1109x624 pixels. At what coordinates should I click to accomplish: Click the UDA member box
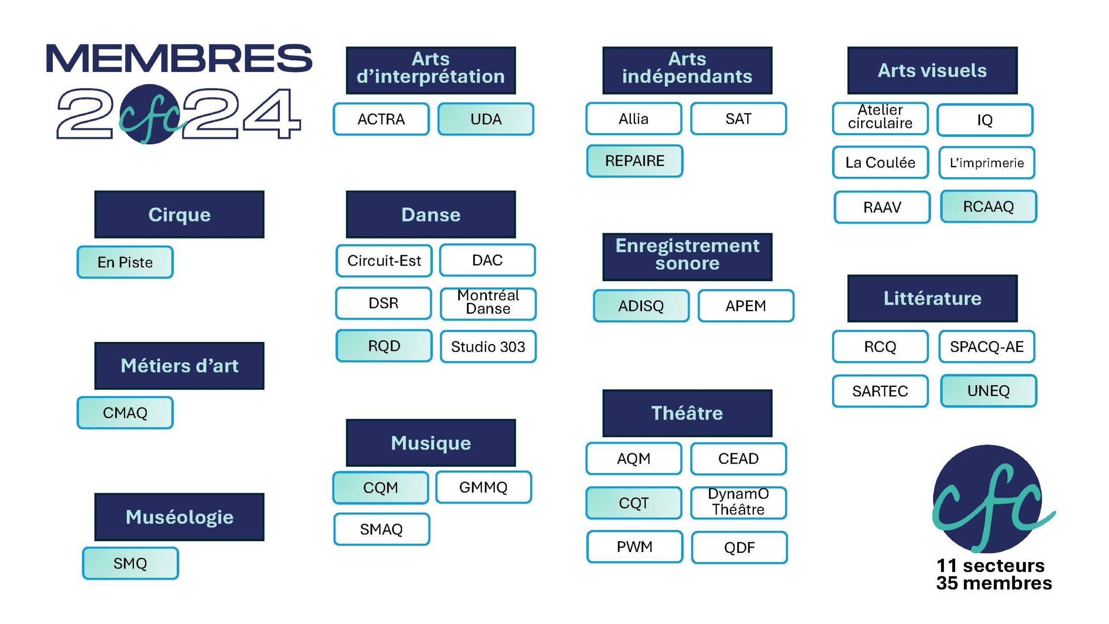pyautogui.click(x=486, y=119)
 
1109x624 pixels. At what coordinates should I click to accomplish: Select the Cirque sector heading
pyautogui.click(x=179, y=214)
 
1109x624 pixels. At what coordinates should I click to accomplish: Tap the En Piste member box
pyautogui.click(x=125, y=262)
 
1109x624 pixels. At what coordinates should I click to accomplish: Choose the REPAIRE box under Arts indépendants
pyautogui.click(x=635, y=161)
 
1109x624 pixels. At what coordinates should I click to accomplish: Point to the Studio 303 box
pyautogui.click(x=488, y=346)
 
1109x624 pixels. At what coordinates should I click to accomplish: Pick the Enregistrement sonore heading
pyautogui.click(x=687, y=257)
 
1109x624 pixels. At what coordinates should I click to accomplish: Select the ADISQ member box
pyautogui.click(x=641, y=306)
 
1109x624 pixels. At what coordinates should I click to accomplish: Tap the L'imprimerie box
pyautogui.click(x=987, y=163)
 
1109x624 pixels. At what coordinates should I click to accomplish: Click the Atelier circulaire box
pyautogui.click(x=880, y=118)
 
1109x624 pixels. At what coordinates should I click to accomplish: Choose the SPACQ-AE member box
pyautogui.click(x=987, y=347)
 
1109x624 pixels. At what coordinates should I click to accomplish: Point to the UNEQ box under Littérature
pyautogui.click(x=989, y=391)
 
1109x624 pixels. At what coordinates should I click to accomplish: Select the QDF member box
pyautogui.click(x=739, y=548)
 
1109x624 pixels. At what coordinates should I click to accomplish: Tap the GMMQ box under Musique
pyautogui.click(x=483, y=487)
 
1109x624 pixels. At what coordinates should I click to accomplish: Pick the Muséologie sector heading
pyautogui.click(x=179, y=517)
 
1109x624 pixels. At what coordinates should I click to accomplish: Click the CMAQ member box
pyautogui.click(x=125, y=413)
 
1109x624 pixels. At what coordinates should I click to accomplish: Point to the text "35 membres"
pyautogui.click(x=994, y=583)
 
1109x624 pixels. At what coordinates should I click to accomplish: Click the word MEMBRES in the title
pyautogui.click(x=179, y=58)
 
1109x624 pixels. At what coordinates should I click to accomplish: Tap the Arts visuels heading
pyautogui.click(x=932, y=70)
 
